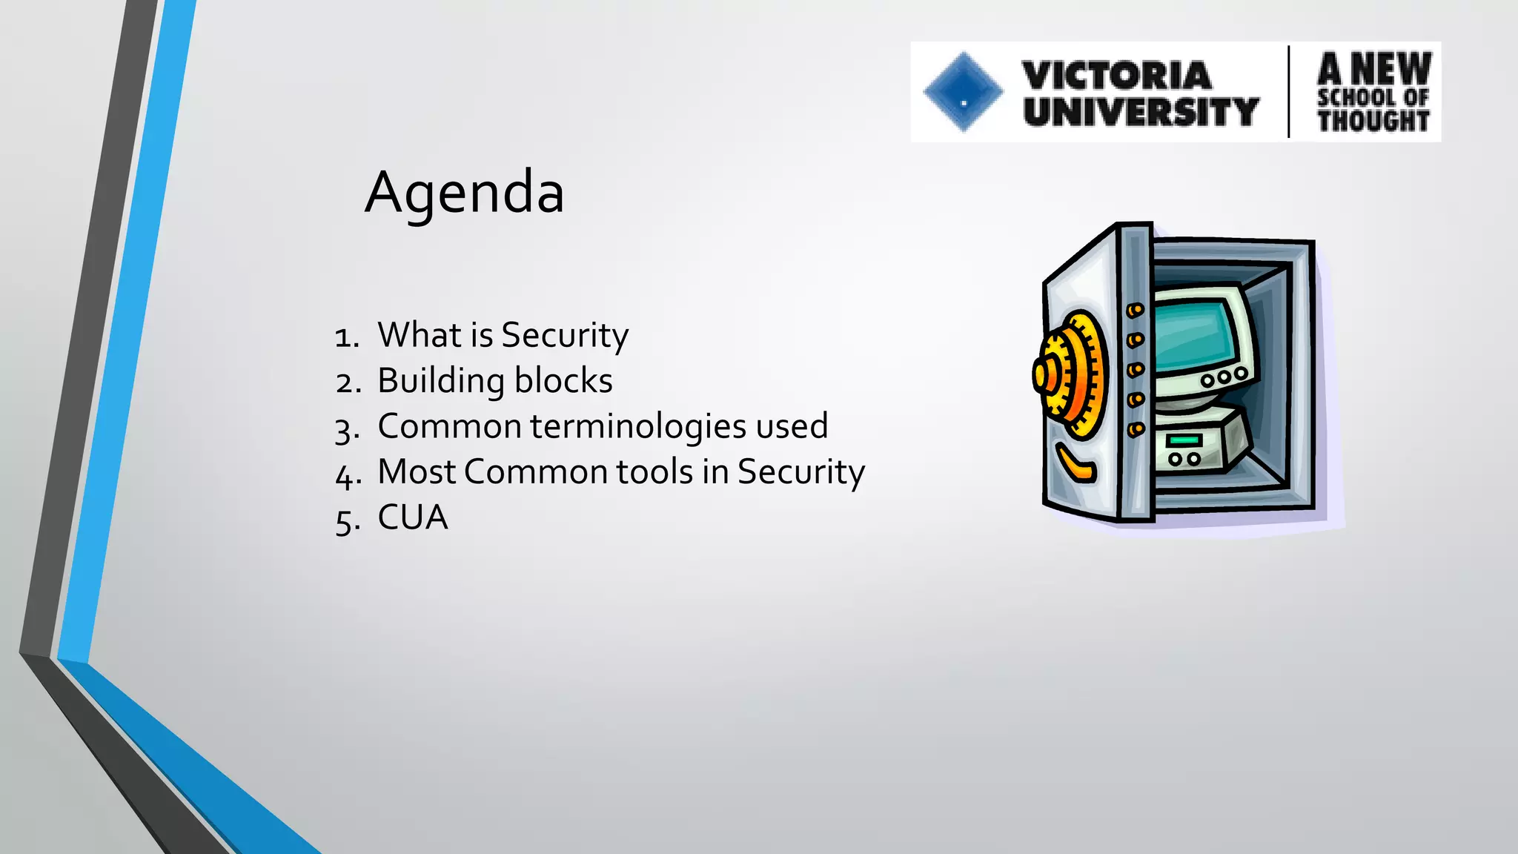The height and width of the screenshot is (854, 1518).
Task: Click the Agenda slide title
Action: [465, 192]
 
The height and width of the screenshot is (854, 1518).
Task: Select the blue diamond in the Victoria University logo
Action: [963, 92]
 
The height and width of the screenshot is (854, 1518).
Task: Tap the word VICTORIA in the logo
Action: [1116, 75]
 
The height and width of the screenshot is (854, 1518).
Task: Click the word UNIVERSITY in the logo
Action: [1141, 111]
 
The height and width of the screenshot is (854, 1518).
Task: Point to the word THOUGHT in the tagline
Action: [1373, 120]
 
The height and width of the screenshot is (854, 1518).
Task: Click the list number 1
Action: [345, 337]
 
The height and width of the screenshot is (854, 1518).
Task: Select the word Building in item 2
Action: [431, 381]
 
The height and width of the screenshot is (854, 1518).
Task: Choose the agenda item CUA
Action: [413, 517]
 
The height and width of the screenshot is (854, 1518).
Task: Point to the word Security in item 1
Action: [565, 336]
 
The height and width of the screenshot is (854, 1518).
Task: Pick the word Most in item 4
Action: [418, 471]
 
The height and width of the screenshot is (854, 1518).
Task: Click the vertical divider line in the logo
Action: [1289, 92]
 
